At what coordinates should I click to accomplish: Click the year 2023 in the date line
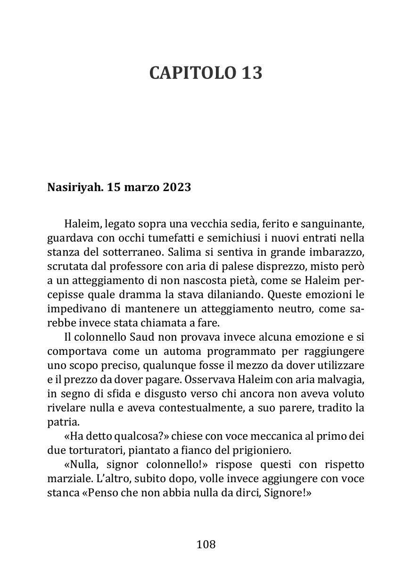(x=177, y=188)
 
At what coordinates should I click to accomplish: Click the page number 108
(x=206, y=544)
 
